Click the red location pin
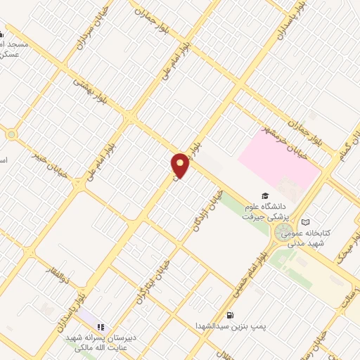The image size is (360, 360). (181, 165)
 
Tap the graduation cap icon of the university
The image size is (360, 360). (265, 196)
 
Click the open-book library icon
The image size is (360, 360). (305, 221)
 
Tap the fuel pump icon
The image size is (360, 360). (230, 316)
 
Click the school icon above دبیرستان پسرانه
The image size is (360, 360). (101, 327)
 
